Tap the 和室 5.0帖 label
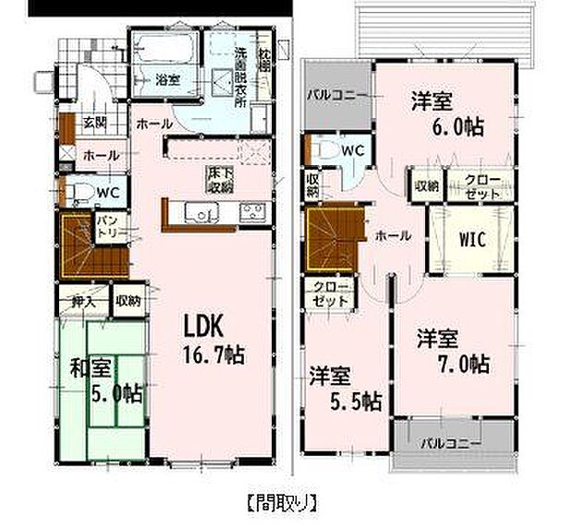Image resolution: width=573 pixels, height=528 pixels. click(x=106, y=380)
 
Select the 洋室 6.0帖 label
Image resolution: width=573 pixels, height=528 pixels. click(x=448, y=114)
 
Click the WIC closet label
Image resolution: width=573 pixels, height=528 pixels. click(x=473, y=237)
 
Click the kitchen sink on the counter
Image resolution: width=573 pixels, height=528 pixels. click(x=198, y=212)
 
